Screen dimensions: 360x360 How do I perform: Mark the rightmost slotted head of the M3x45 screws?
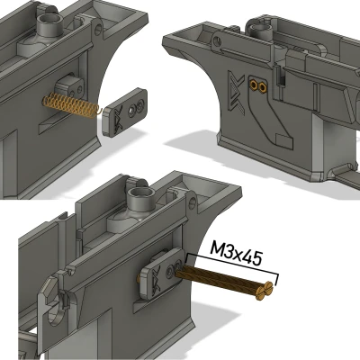(267, 288)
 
